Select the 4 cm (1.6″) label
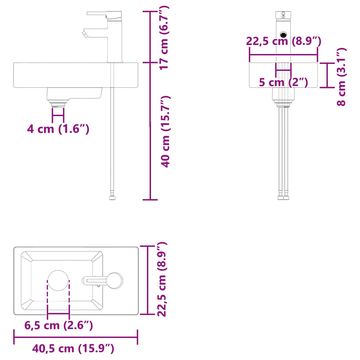tap(58, 129)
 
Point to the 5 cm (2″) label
tap(284, 82)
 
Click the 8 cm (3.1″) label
tap(341, 77)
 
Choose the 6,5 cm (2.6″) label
tap(59, 325)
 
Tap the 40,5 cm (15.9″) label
tap(73, 349)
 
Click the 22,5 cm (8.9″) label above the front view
tap(284, 41)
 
